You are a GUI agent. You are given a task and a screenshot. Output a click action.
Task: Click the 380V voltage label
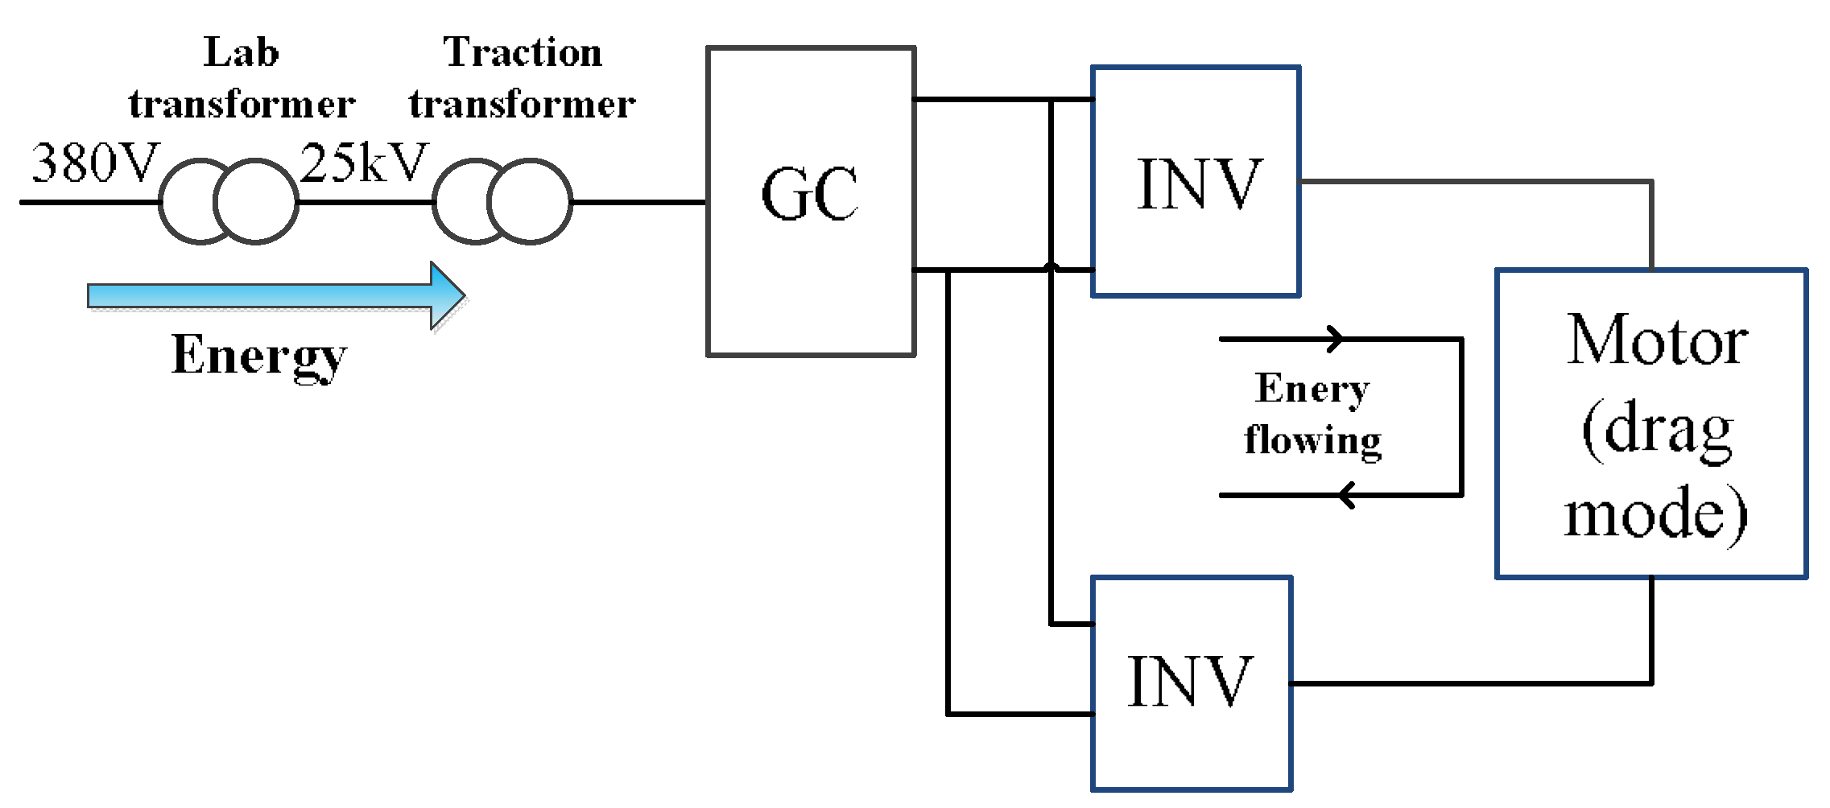pos(95,163)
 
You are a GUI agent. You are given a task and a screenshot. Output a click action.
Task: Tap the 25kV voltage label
pos(364,163)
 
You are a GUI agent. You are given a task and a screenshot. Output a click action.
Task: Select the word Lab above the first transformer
pos(241,53)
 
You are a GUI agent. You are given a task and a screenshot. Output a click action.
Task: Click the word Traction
pos(523,53)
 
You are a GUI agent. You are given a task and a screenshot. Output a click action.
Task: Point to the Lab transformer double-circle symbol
pos(229,202)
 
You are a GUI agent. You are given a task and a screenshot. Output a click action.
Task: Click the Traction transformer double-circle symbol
pos(502,202)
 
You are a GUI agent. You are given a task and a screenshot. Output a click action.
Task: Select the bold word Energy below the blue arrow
pos(258,356)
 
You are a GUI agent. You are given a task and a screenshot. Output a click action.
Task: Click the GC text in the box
pos(810,195)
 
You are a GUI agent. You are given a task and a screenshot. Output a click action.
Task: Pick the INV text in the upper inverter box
pos(1197,185)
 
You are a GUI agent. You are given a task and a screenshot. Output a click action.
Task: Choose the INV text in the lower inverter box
pos(1189,682)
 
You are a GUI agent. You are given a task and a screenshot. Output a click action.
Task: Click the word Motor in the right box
pos(1656,341)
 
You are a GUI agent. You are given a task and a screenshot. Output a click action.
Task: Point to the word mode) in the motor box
pos(1656,515)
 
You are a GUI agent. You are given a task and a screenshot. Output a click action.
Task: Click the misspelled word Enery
pos(1312,390)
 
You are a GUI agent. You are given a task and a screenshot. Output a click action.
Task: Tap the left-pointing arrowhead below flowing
pos(1347,495)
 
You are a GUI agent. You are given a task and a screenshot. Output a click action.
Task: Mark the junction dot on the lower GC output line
pos(1051,268)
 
